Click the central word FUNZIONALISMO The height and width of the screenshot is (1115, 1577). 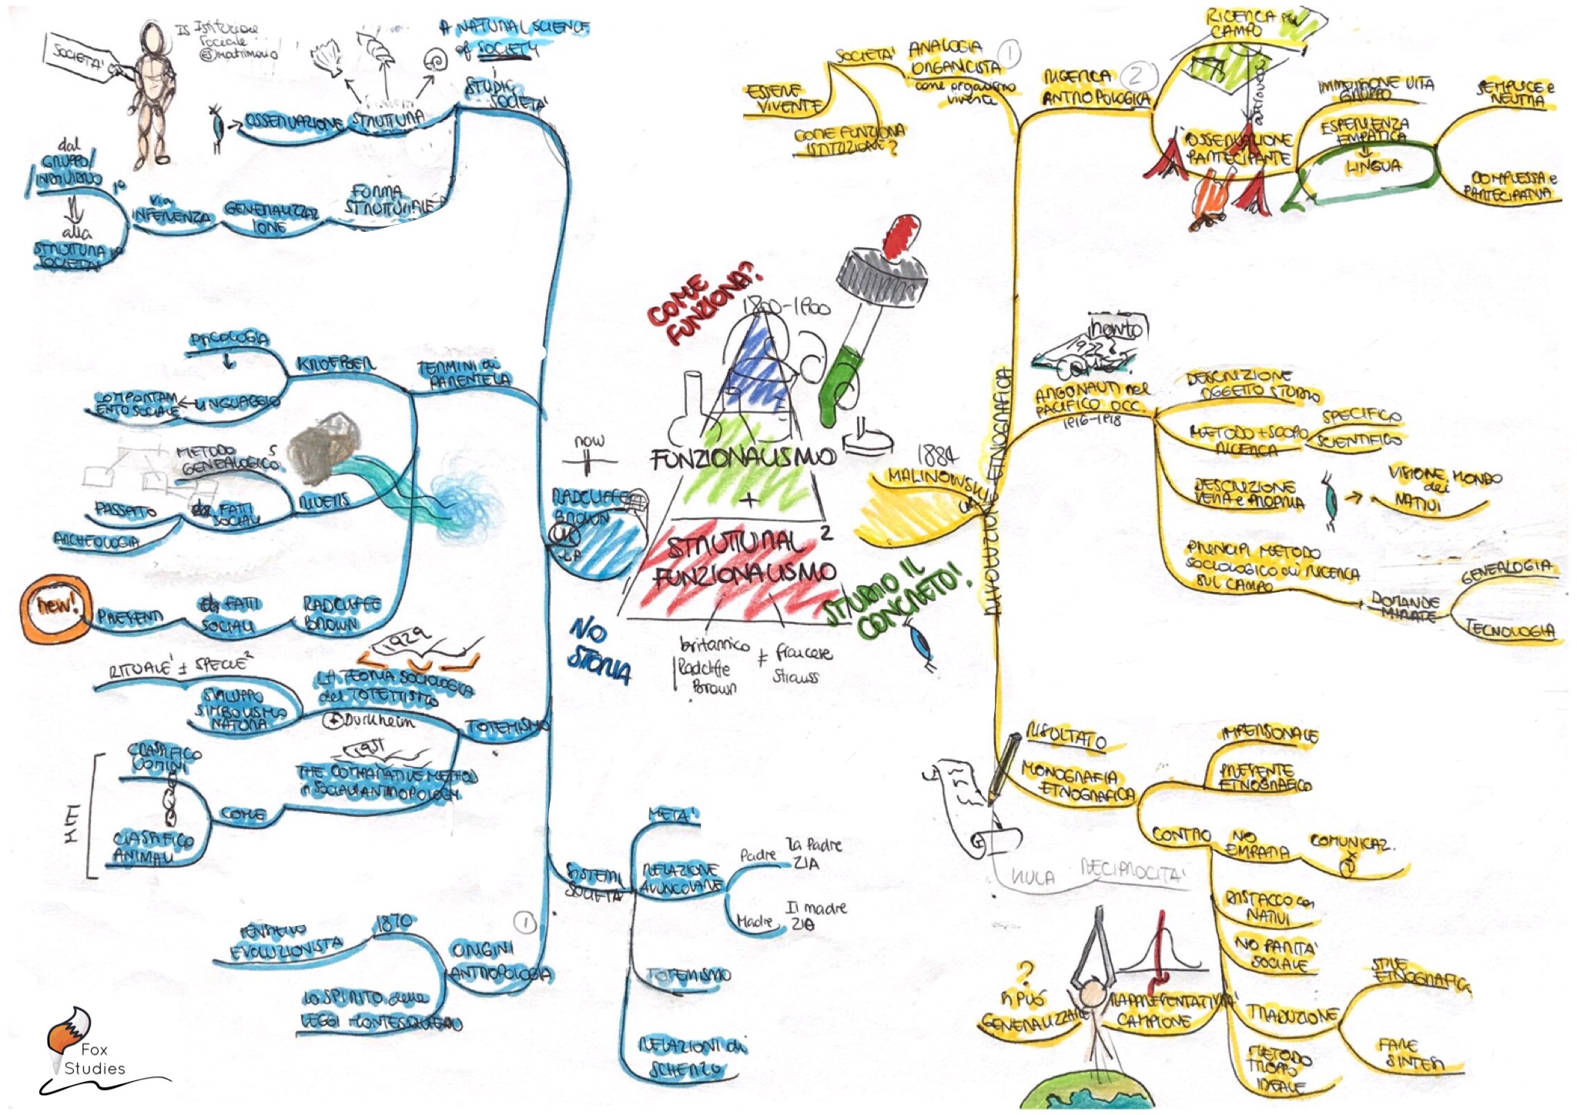743,458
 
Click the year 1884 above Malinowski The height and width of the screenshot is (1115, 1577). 938,456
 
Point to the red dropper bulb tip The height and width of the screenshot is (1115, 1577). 902,233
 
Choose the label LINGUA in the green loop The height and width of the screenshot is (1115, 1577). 1373,166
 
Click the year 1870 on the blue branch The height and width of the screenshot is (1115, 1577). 394,922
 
